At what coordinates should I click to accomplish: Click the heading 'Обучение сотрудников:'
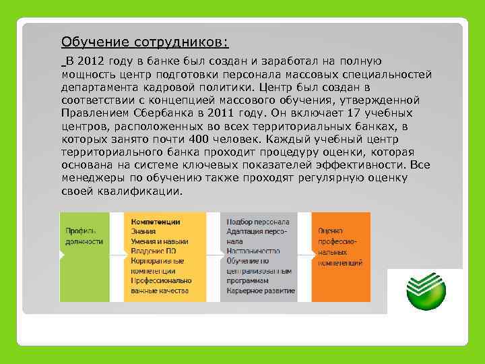coord(145,43)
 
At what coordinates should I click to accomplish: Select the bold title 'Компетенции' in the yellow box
coord(156,221)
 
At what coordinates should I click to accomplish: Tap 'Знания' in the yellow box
coord(143,231)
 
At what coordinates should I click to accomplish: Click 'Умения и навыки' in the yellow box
coord(160,241)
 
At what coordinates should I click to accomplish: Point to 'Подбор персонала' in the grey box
coord(259,221)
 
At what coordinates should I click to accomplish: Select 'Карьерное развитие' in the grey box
coord(261,291)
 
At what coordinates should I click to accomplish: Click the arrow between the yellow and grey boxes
coord(214,256)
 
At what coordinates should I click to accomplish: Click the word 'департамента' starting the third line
coord(98,88)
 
